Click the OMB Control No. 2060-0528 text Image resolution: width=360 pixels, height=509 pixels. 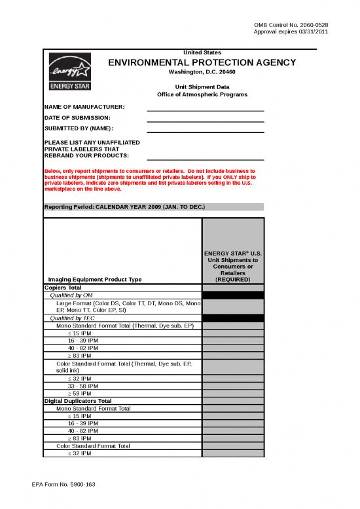291,25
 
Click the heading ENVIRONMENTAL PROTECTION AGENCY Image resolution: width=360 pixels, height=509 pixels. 202,62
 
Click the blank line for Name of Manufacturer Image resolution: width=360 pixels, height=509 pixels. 205,109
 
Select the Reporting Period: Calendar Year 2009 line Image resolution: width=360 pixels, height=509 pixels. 124,207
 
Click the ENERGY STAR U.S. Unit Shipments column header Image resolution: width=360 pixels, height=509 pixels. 233,266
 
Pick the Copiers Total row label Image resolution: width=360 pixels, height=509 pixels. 63,287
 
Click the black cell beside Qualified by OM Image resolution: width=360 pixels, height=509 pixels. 233,295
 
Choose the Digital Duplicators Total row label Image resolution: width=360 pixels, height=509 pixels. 78,400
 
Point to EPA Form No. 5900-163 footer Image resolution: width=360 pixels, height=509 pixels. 63,484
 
